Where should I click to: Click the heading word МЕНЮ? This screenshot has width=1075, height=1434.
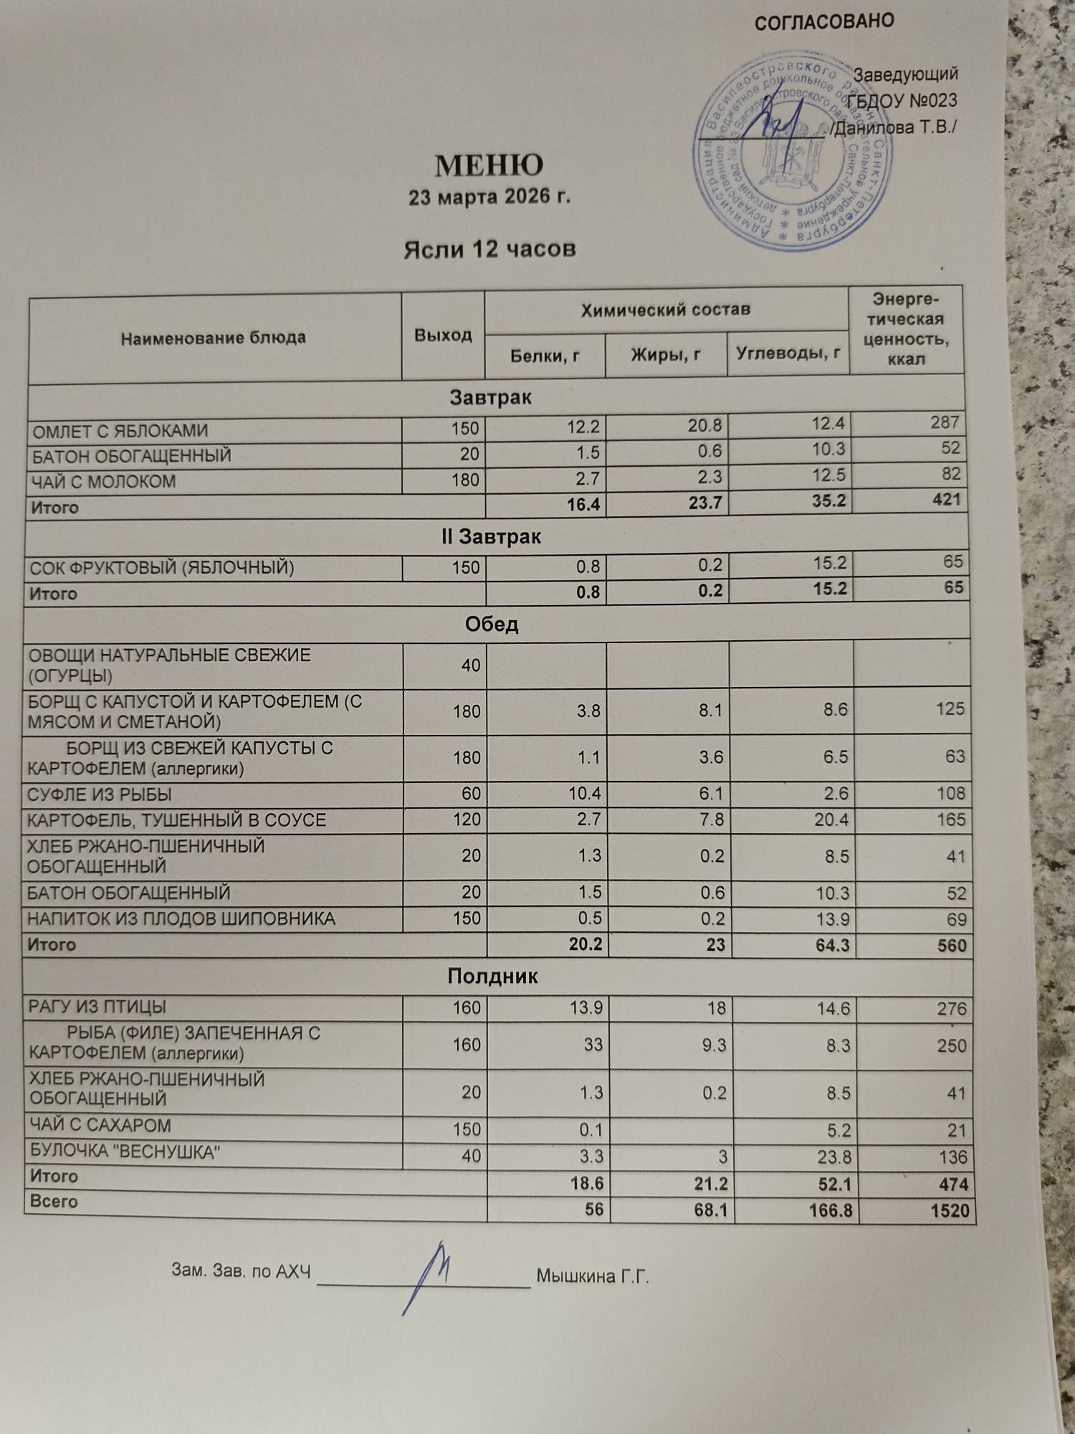(x=489, y=166)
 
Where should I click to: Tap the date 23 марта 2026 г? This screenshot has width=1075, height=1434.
(x=489, y=197)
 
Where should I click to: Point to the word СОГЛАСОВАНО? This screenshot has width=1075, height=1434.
(x=824, y=22)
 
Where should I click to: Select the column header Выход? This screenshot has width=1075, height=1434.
(x=443, y=335)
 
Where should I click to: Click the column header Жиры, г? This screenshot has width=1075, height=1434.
(x=666, y=354)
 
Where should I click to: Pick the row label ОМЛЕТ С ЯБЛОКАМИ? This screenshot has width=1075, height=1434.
(x=120, y=432)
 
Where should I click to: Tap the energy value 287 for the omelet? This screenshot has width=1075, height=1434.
(x=945, y=422)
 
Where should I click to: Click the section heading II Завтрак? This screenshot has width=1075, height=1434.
(x=491, y=537)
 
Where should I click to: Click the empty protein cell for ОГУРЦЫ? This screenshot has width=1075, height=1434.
(x=546, y=665)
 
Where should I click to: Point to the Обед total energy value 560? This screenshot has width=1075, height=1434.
(x=951, y=946)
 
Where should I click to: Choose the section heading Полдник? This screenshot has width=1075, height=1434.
(x=492, y=977)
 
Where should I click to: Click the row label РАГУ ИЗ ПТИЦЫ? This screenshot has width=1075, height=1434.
(x=97, y=1007)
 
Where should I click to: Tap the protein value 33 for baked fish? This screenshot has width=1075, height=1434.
(x=593, y=1045)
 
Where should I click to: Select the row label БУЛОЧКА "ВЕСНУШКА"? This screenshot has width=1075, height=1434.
(x=124, y=1152)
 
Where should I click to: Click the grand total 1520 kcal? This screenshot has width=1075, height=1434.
(x=950, y=1211)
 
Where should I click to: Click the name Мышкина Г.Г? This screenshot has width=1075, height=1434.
(x=593, y=1276)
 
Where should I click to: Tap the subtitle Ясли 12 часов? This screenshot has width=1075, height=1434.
(x=489, y=250)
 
